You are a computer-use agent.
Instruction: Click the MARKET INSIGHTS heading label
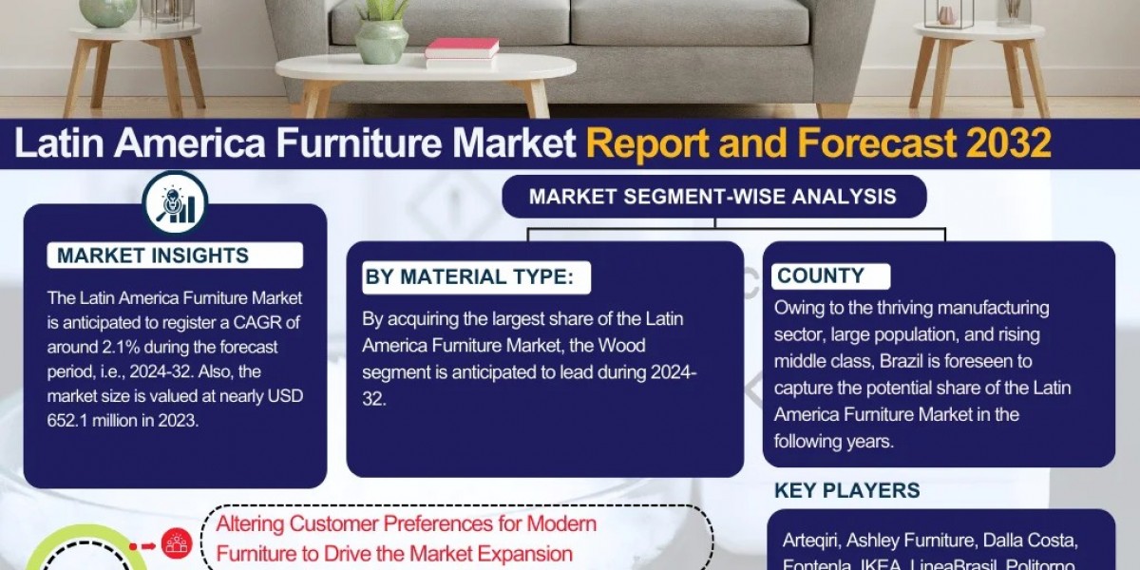click(153, 256)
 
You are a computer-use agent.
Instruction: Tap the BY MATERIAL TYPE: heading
click(469, 277)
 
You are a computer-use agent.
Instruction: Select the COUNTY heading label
click(821, 276)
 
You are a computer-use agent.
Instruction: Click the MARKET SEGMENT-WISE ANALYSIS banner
click(712, 197)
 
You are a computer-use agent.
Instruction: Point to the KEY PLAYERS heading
click(847, 490)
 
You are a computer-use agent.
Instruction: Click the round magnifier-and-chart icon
click(175, 202)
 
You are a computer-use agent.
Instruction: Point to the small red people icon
click(175, 542)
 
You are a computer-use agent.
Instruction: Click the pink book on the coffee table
click(462, 47)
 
